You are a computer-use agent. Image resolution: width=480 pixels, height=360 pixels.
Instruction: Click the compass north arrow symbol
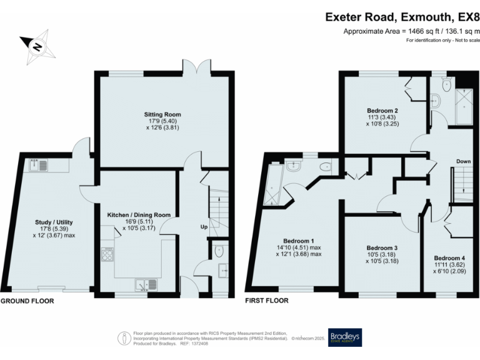pos(37,45)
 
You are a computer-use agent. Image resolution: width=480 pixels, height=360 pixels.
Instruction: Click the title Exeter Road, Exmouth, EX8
pos(402,17)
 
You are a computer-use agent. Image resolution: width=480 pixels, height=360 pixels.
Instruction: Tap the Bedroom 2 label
pos(382,111)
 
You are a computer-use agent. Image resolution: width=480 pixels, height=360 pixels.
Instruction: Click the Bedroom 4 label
pos(449,258)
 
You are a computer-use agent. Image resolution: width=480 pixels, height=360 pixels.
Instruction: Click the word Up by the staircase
pos(204,226)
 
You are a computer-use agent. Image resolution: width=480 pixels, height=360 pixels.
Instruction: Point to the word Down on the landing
pos(462,162)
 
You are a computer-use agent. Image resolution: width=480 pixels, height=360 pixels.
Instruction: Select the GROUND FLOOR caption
pos(27,301)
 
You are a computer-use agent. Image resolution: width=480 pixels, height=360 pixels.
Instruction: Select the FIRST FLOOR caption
pos(267,301)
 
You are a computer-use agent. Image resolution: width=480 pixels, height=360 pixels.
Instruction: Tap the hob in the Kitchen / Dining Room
pos(107,255)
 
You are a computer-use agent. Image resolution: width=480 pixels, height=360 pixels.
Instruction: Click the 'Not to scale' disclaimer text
pos(442,41)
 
